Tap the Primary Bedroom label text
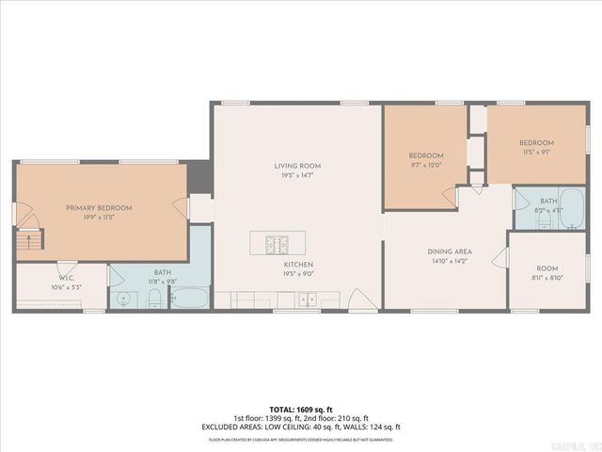pyautogui.click(x=99, y=207)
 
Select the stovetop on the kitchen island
pyautogui.click(x=279, y=245)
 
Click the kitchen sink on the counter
pyautogui.click(x=306, y=300)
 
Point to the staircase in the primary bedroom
pyautogui.click(x=31, y=240)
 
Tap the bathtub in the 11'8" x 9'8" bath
pyautogui.click(x=190, y=299)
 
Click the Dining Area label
pyautogui.click(x=449, y=251)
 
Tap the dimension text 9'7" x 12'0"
pyautogui.click(x=425, y=165)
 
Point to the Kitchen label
pyautogui.click(x=299, y=265)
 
